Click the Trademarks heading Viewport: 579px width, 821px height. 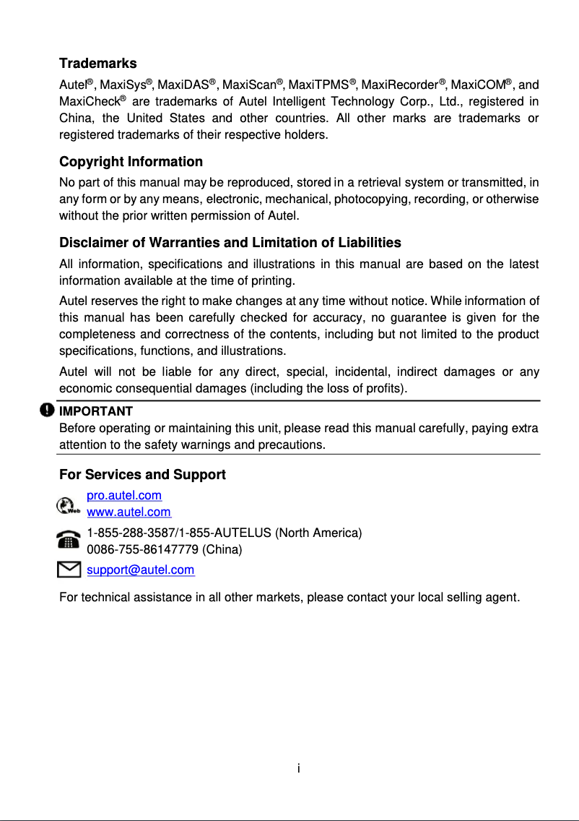pos(97,64)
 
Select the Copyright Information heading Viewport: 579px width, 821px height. pos(131,161)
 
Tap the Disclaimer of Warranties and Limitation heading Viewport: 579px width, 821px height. pos(230,242)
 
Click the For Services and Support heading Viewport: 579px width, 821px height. pos(142,475)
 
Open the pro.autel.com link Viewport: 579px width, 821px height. pos(124,496)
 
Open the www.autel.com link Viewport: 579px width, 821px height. pos(129,512)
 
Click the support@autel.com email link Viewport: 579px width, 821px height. pos(140,570)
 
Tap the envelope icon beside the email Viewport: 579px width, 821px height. pos(68,571)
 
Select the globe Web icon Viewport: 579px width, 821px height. pos(68,504)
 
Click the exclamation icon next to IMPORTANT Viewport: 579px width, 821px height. pos(47,410)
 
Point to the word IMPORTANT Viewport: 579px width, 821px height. pos(95,411)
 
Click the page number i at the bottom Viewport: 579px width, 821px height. pos(298,767)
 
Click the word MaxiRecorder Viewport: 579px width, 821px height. pos(399,85)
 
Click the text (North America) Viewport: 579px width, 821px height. pos(318,533)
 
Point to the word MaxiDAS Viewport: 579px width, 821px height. pos(183,85)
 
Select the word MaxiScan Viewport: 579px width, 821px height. pos(248,85)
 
